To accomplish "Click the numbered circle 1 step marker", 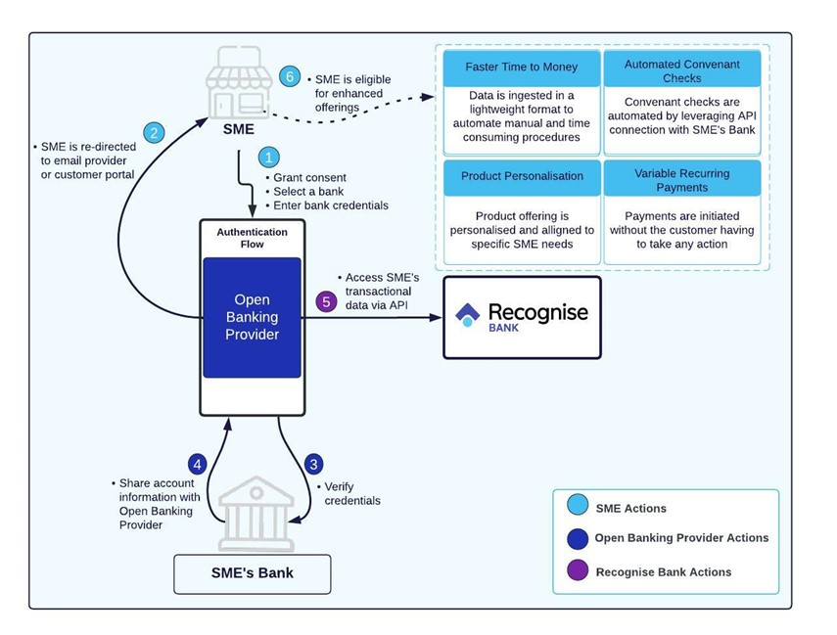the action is coord(268,158).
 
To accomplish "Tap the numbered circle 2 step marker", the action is coord(154,132).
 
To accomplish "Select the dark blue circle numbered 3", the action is coord(313,464).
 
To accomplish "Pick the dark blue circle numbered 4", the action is coord(198,464).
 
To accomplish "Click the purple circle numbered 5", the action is coord(326,301).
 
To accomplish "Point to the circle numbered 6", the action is coord(290,77).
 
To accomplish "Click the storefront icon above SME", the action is coord(239,83).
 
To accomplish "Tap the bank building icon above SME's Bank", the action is coord(256,514).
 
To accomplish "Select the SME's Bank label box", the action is coord(252,573).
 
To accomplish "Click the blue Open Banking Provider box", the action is coord(252,317).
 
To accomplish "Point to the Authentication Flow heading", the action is coord(252,238).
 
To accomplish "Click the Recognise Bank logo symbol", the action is coord(467,315).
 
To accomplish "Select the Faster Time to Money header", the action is coord(522,68).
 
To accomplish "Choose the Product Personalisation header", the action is coord(522,178).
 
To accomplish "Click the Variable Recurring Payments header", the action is coord(681,179).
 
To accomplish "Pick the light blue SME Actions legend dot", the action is coord(578,505).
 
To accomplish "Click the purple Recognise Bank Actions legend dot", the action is coord(578,569).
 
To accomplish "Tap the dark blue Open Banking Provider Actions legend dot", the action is coord(578,539).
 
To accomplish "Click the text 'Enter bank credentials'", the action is coord(331,205).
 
